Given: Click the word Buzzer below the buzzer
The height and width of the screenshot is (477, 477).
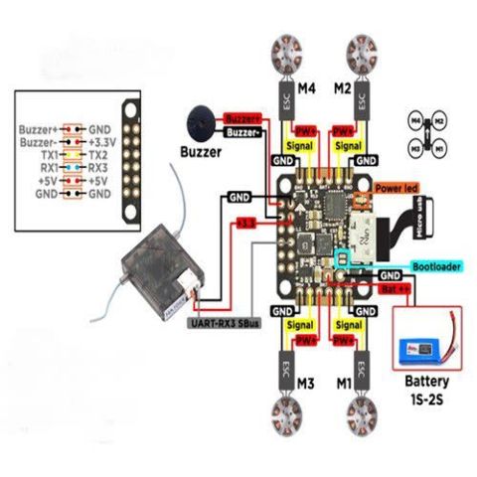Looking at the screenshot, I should [x=201, y=154].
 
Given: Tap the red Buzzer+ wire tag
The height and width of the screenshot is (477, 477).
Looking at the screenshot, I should [x=242, y=116].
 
